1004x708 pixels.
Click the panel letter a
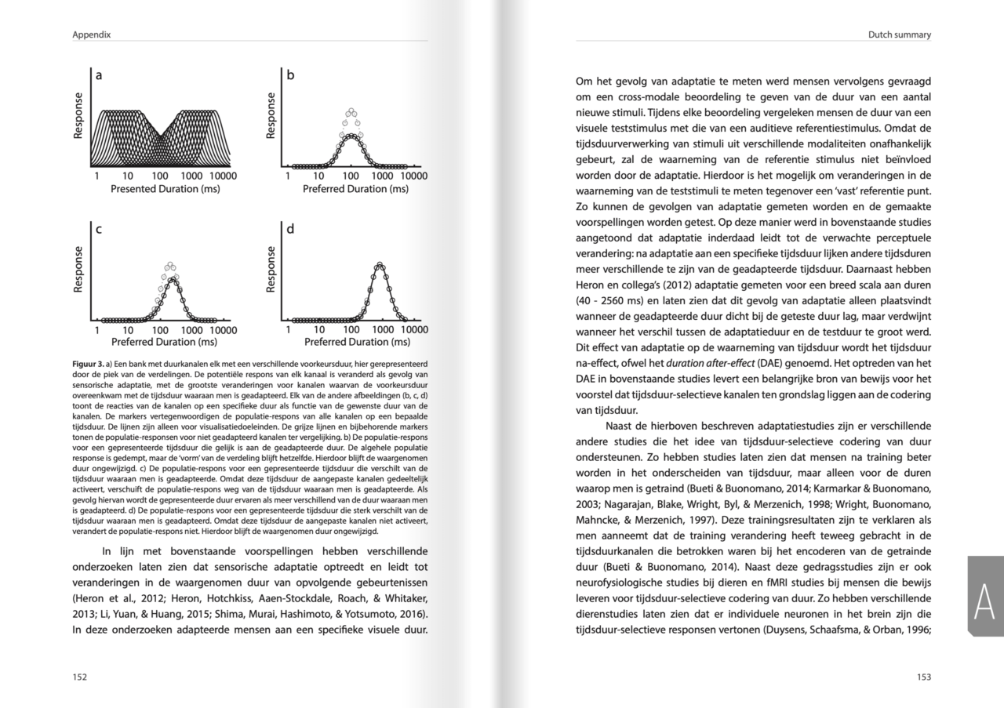(99, 76)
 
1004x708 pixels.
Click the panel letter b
(290, 76)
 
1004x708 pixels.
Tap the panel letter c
(99, 230)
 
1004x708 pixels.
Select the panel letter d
(290, 230)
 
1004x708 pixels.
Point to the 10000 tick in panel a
(224, 176)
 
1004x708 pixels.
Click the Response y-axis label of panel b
(271, 116)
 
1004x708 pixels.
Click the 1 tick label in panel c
(96, 330)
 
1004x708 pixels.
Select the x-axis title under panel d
(357, 342)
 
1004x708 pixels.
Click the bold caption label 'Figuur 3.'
(87, 364)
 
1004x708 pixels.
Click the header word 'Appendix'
(91, 34)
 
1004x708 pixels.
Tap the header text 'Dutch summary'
(900, 34)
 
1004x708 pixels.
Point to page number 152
(80, 677)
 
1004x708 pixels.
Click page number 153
(923, 677)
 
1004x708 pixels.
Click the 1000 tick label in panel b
(383, 176)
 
